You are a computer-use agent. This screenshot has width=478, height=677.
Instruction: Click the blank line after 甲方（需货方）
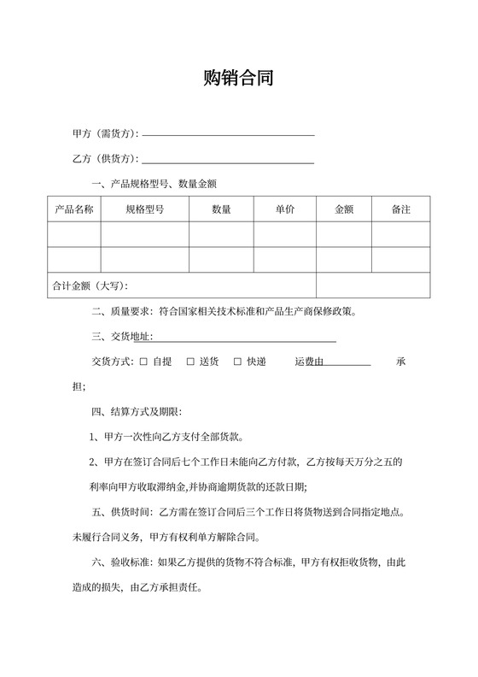[228, 135]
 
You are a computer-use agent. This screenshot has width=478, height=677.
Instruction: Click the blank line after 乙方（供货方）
[228, 161]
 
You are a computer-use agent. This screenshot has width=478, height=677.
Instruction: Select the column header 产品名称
[74, 209]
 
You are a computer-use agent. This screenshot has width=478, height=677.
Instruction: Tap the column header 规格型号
[144, 209]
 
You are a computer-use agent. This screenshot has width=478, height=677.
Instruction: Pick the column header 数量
[221, 209]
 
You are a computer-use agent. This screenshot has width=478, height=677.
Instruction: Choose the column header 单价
[285, 209]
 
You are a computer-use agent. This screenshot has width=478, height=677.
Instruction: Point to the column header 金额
[344, 209]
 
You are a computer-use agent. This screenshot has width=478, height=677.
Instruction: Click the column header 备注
[400, 209]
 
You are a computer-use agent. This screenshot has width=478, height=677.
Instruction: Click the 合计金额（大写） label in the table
[90, 285]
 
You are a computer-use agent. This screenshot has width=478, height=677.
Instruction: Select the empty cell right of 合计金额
[373, 285]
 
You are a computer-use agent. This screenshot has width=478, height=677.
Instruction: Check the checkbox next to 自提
[143, 362]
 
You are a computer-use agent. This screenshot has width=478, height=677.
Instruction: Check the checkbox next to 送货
[190, 362]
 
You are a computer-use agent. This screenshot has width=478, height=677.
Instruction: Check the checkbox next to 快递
[238, 362]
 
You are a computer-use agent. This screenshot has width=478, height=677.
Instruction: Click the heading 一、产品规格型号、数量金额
[159, 185]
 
